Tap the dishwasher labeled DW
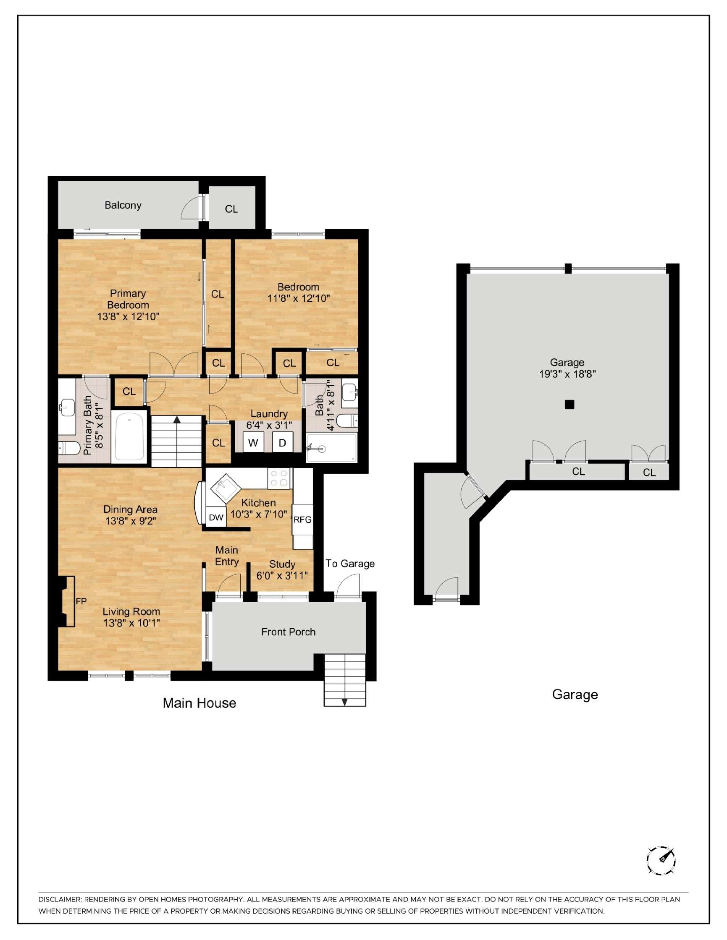tap(216, 517)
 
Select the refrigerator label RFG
tap(302, 520)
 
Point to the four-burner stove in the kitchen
tap(278, 478)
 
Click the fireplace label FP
tap(81, 601)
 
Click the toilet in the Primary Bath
tap(69, 449)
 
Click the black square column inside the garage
tap(570, 404)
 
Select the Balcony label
tap(123, 205)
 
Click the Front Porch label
tap(288, 632)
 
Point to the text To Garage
tap(350, 564)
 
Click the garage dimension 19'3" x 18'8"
tap(567, 374)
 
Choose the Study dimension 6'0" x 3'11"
tap(282, 575)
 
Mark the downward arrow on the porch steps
tap(344, 702)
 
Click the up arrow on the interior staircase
tap(176, 420)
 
